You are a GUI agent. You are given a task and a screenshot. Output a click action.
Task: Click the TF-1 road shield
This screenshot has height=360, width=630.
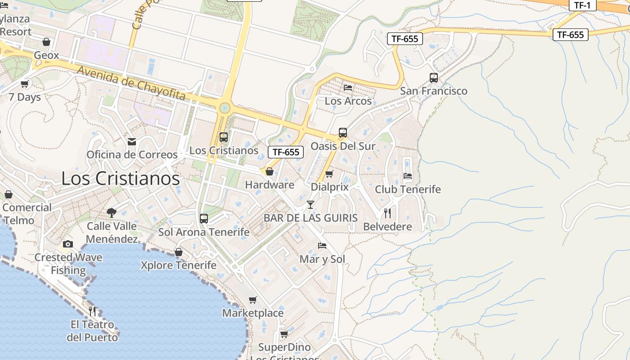tap(582, 5)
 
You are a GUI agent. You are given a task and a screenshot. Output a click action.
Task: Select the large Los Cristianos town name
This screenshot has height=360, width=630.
tap(121, 179)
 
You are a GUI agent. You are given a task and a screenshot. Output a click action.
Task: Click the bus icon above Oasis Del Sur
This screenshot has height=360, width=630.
tap(343, 133)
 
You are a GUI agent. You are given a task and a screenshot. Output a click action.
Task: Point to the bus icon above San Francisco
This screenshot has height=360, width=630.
tap(434, 77)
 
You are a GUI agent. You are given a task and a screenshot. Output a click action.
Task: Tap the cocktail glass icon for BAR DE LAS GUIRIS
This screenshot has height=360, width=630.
tap(310, 205)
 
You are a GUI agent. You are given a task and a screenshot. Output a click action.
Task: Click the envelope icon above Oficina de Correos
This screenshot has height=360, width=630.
tap(132, 142)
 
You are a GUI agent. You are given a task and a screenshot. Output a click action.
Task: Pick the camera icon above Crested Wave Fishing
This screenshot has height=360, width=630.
tap(68, 244)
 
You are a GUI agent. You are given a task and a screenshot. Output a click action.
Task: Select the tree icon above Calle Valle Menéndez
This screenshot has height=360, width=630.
tap(112, 212)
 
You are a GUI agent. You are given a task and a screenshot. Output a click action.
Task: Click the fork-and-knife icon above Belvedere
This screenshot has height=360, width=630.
tap(387, 213)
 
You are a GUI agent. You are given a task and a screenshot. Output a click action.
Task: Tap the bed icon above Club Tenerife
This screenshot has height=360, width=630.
tap(408, 175)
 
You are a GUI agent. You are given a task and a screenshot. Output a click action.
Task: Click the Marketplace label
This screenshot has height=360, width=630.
tap(253, 313)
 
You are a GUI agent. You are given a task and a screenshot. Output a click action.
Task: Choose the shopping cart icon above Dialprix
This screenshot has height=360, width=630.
tap(329, 174)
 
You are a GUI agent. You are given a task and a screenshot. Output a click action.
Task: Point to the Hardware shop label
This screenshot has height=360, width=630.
tap(270, 184)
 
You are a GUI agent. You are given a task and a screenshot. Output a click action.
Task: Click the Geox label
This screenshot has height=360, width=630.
tap(46, 55)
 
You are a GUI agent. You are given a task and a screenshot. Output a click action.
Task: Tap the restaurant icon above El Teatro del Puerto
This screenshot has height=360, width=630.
tap(92, 310)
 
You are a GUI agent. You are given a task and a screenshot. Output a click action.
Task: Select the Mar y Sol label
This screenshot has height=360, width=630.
tap(322, 259)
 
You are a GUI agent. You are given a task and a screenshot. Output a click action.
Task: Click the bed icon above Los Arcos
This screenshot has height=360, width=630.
tap(348, 87)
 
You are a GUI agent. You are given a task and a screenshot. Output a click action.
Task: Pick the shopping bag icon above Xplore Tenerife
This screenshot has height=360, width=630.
tap(179, 252)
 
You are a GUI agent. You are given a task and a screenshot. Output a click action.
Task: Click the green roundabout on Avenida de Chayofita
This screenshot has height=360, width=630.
tap(225, 108)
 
